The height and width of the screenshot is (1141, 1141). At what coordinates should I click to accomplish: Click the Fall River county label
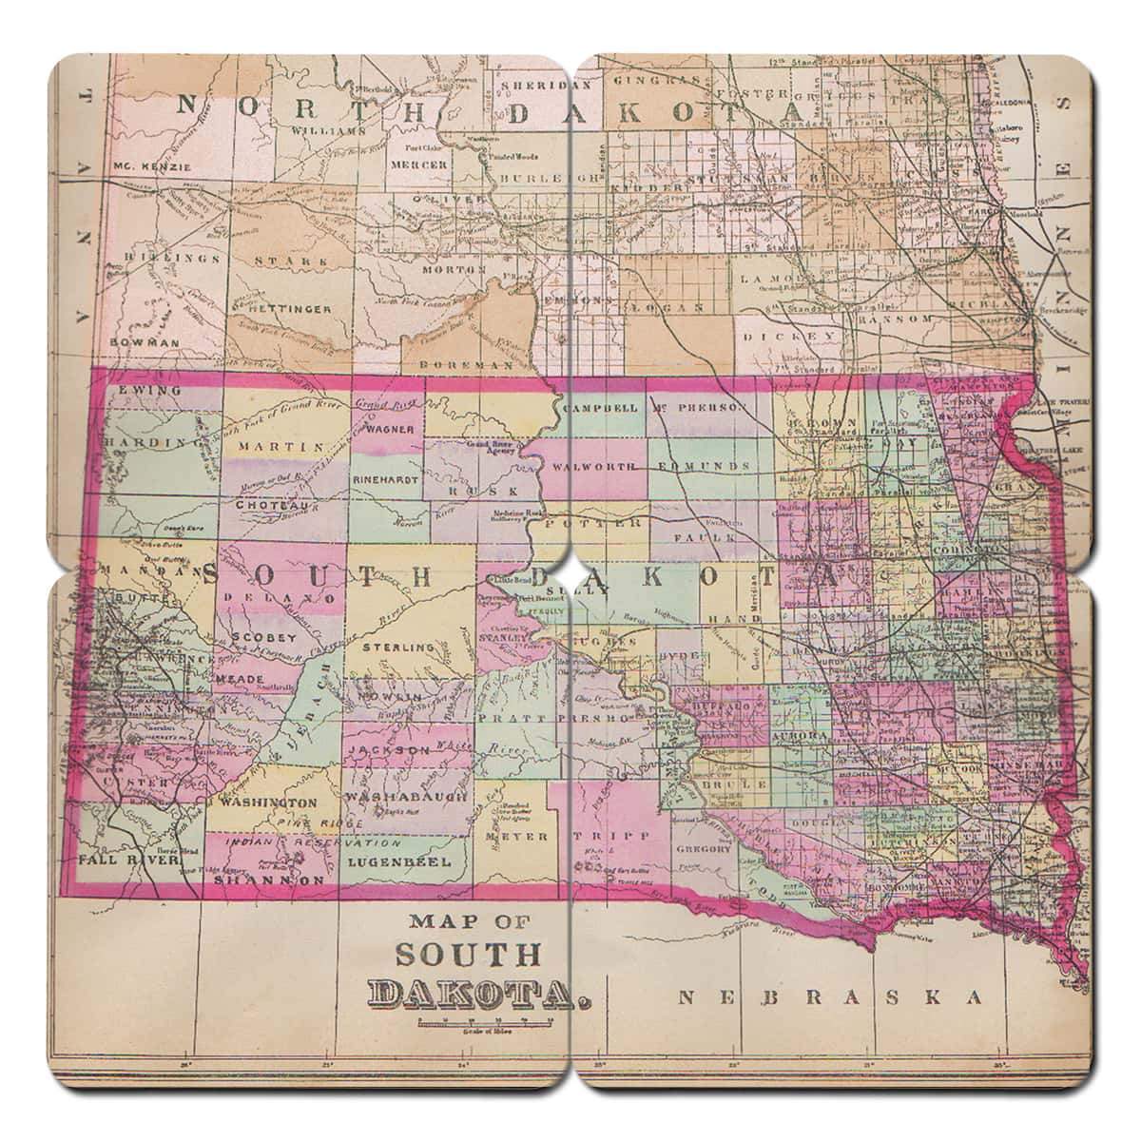pos(117,859)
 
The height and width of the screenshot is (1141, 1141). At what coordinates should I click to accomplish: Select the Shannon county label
pos(269,880)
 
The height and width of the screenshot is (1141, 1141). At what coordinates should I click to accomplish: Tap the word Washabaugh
pos(407,795)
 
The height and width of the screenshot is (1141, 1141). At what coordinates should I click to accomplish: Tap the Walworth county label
pos(600,468)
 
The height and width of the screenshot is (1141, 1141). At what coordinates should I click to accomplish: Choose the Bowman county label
pos(145,341)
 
